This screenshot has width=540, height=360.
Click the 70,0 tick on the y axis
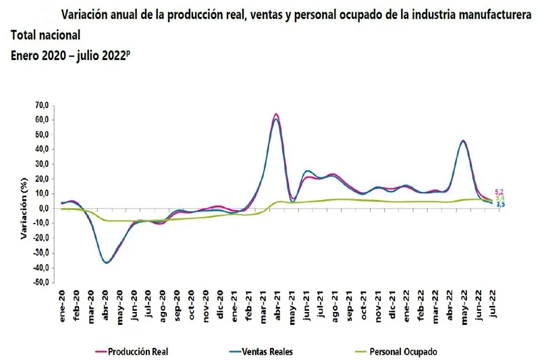pos(43,105)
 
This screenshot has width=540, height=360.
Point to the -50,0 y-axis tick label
pos(42,282)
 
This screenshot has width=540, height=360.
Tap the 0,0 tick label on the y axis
pos(45,209)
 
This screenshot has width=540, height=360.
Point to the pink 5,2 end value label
pos(500,192)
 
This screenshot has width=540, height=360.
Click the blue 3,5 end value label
pos(500,204)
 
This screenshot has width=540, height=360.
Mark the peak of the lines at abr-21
pos(276,115)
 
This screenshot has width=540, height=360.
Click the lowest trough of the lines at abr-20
pos(107,263)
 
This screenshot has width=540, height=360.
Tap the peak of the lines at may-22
pos(462,140)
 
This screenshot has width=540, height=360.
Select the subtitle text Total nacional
pos(45,34)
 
